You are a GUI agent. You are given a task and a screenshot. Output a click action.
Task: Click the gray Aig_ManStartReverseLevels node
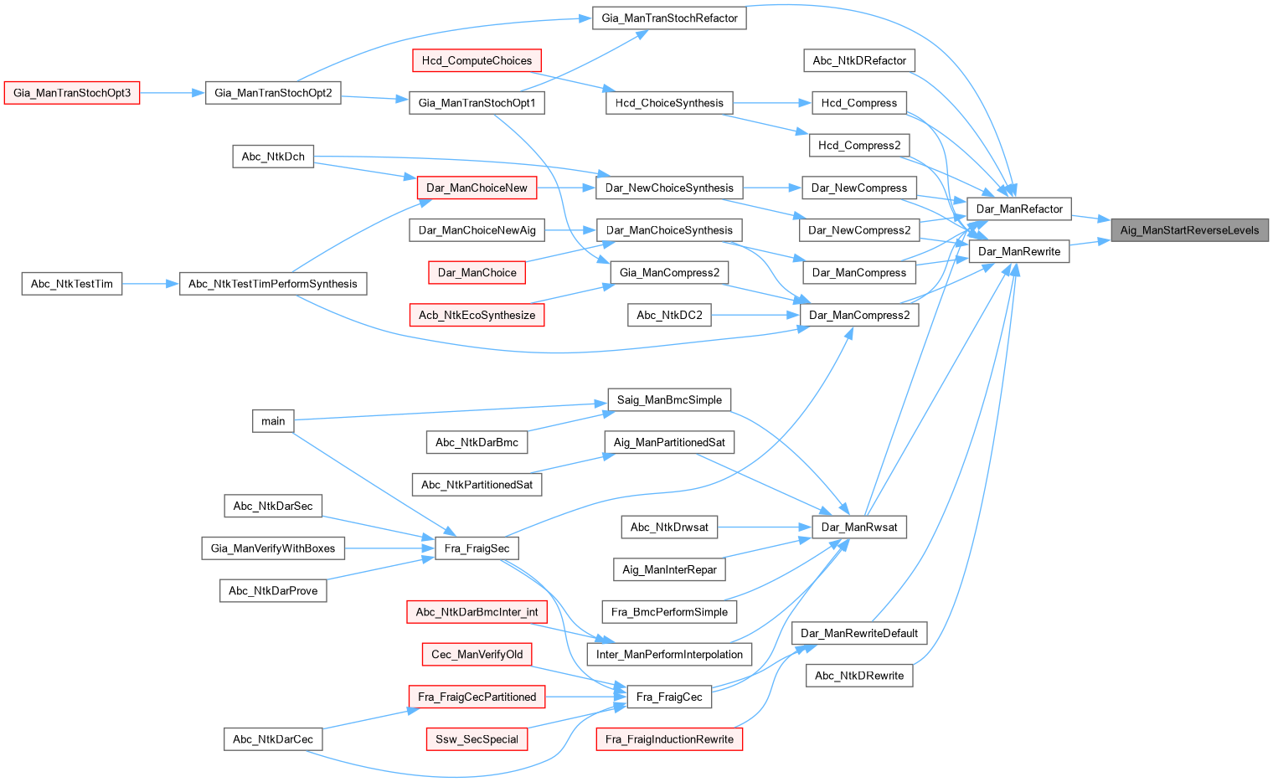pyautogui.click(x=1189, y=230)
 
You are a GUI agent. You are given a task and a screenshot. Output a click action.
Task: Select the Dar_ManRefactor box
pyautogui.click(x=1018, y=209)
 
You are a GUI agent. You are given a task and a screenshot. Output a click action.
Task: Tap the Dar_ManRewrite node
pyautogui.click(x=1018, y=251)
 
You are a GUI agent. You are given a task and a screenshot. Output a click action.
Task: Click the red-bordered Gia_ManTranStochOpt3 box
pyautogui.click(x=72, y=93)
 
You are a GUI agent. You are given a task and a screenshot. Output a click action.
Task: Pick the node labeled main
pyautogui.click(x=273, y=421)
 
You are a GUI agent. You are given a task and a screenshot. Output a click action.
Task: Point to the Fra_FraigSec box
pyautogui.click(x=477, y=548)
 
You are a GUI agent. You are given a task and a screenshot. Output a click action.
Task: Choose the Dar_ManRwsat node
pyautogui.click(x=858, y=527)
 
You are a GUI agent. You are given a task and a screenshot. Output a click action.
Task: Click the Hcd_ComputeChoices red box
pyautogui.click(x=477, y=61)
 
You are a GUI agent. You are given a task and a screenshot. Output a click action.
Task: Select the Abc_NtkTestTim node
pyautogui.click(x=72, y=284)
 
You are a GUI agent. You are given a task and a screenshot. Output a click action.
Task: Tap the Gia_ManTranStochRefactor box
pyautogui.click(x=669, y=18)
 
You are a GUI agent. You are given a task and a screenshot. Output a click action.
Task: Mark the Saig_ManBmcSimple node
pyautogui.click(x=669, y=400)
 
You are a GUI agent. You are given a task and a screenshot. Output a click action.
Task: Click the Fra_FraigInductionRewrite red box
pyautogui.click(x=669, y=739)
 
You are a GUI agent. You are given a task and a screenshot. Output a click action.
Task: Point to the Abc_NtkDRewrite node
pyautogui.click(x=858, y=676)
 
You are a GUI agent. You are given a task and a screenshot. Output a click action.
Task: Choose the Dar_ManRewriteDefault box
pyautogui.click(x=858, y=634)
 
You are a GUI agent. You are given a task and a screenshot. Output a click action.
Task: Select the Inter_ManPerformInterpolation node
pyautogui.click(x=669, y=655)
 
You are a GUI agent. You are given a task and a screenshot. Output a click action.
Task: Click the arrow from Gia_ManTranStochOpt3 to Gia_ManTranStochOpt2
pyautogui.click(x=173, y=93)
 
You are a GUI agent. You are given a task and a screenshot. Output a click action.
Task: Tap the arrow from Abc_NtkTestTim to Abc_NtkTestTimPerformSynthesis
pyautogui.click(x=151, y=284)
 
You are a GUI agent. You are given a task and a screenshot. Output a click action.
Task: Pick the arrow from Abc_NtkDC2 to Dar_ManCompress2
pyautogui.click(x=755, y=316)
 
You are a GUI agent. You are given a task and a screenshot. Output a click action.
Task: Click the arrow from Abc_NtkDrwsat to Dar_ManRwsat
pyautogui.click(x=765, y=527)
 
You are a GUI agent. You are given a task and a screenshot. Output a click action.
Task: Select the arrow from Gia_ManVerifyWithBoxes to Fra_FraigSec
pyautogui.click(x=389, y=548)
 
